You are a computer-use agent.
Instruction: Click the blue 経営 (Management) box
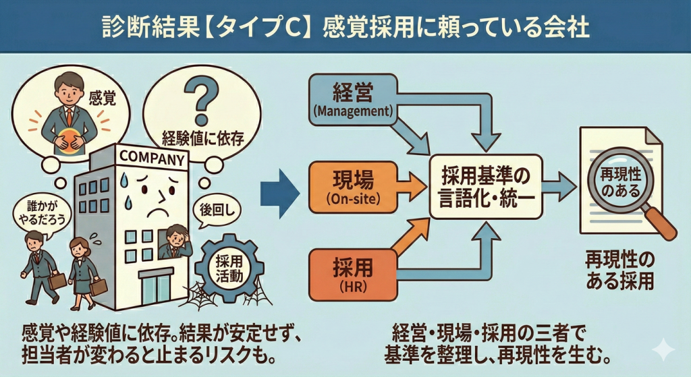(x=353, y=100)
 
